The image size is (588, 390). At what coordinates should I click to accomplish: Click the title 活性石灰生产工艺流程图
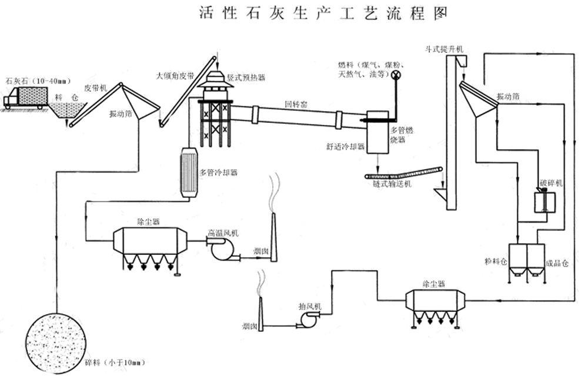pos(323,12)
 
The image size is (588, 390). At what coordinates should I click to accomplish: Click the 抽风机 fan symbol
pos(308,318)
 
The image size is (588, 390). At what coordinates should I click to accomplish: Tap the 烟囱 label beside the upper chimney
pos(260,251)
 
